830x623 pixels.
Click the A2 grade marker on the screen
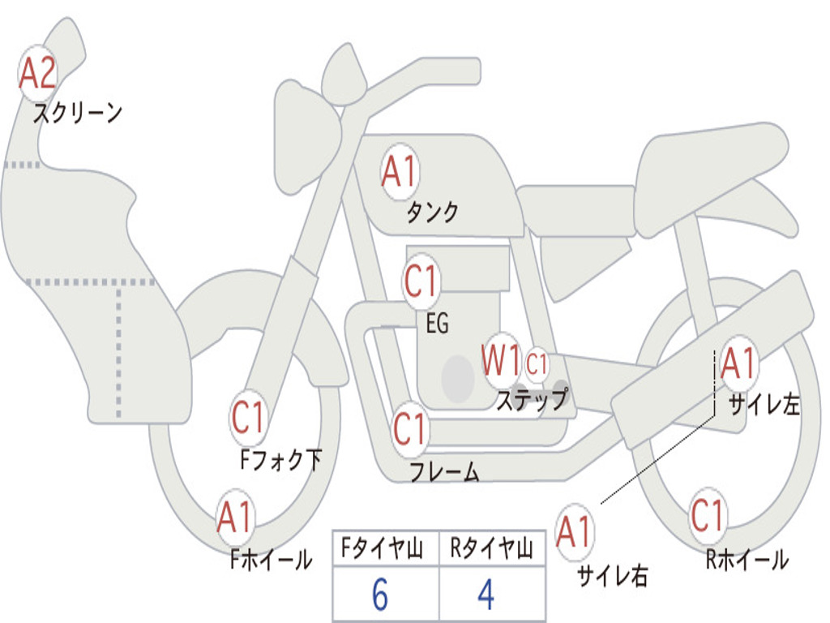(37, 74)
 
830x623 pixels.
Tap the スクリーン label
(78, 113)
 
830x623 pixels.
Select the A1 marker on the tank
(399, 172)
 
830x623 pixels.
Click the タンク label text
(432, 213)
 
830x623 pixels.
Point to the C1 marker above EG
(421, 282)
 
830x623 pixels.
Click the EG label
(437, 324)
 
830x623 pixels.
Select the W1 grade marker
(501, 360)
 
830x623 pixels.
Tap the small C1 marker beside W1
(537, 364)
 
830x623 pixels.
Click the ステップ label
(532, 400)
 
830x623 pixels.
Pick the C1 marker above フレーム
(410, 428)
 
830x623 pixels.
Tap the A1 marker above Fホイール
(235, 517)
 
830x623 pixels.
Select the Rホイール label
(747, 559)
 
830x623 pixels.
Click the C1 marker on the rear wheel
(708, 515)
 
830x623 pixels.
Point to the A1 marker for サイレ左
(738, 363)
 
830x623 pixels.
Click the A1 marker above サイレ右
(575, 532)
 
